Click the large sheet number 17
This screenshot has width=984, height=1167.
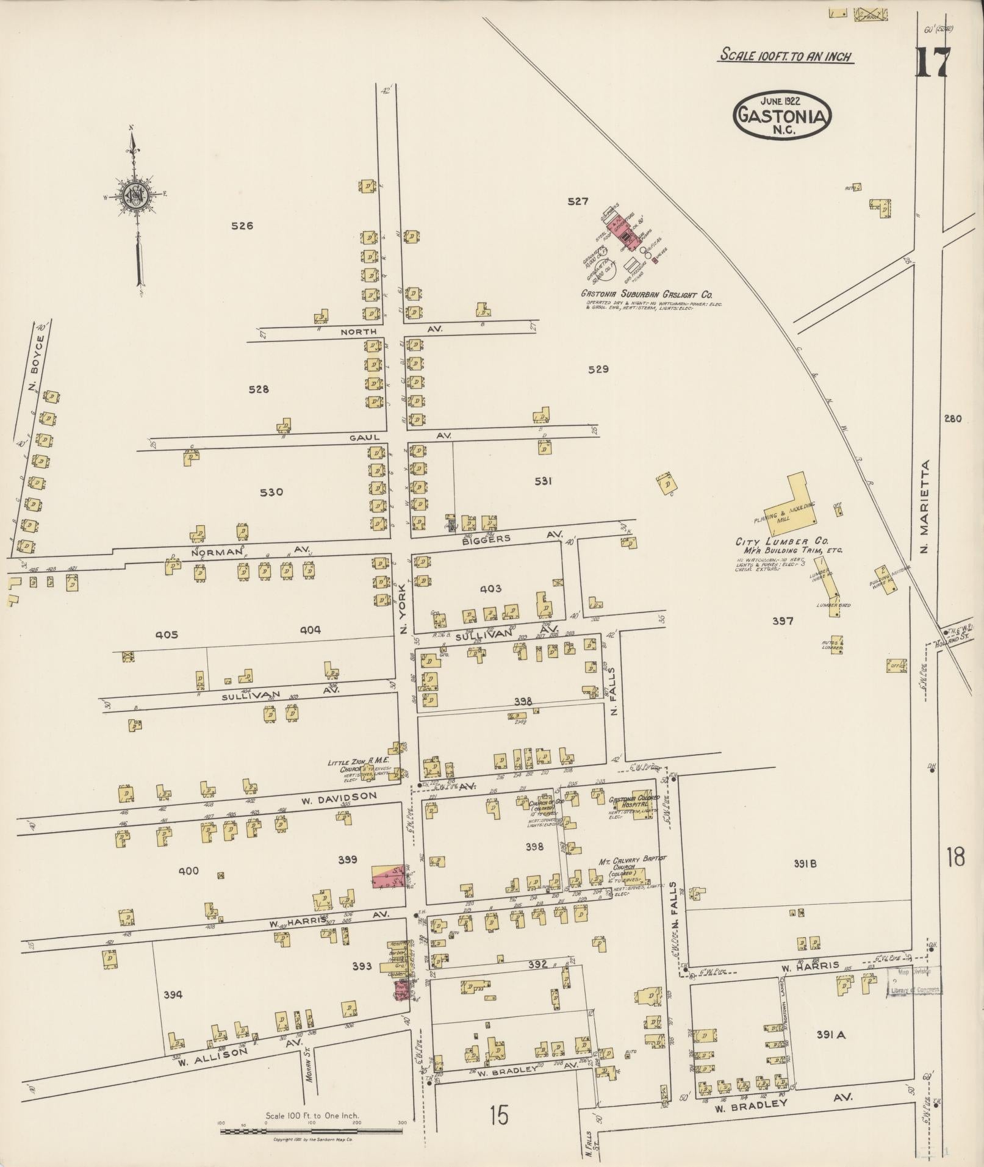click(x=932, y=62)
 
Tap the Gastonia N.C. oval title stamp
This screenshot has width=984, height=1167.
click(x=783, y=115)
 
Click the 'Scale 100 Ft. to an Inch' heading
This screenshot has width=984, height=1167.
click(x=786, y=56)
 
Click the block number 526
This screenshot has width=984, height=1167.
click(x=242, y=226)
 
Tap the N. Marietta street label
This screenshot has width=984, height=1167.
click(x=926, y=507)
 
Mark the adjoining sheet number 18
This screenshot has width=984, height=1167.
click(x=955, y=858)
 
